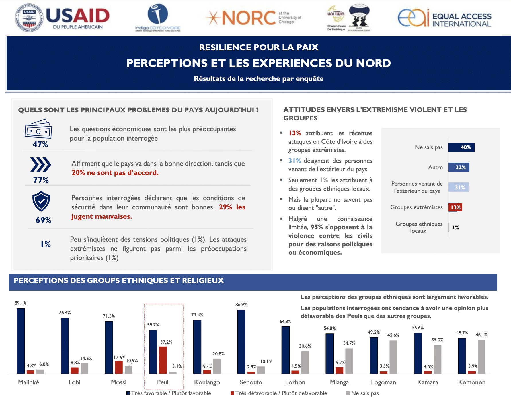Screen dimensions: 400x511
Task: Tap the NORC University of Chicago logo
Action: coord(253,18)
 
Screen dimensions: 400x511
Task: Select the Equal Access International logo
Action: coord(444,18)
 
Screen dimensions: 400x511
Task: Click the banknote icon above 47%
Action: coord(38,129)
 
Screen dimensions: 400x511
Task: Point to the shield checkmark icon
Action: coord(41,201)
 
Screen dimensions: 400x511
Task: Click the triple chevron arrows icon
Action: coord(40,165)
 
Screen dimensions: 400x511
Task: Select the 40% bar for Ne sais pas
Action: coord(461,147)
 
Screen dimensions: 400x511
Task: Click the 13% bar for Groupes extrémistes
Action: coord(455,207)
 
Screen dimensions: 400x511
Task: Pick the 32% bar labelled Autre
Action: coord(459,167)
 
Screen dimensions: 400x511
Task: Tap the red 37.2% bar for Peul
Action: coord(163,360)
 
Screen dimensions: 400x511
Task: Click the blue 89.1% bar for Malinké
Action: coord(21,341)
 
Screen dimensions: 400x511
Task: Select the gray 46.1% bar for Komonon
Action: coord(481,357)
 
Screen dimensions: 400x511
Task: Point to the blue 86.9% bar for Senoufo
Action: coord(241,342)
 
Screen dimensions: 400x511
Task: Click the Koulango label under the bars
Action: coord(207,382)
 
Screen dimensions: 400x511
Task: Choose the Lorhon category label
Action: coord(295,382)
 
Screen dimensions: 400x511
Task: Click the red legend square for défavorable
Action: coord(232,393)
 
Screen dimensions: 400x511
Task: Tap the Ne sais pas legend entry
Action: coord(362,393)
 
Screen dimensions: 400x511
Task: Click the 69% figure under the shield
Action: coord(43,220)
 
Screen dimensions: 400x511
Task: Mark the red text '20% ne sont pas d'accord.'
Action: coord(115,173)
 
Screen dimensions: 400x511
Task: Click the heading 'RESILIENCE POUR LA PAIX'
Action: coord(259,47)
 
